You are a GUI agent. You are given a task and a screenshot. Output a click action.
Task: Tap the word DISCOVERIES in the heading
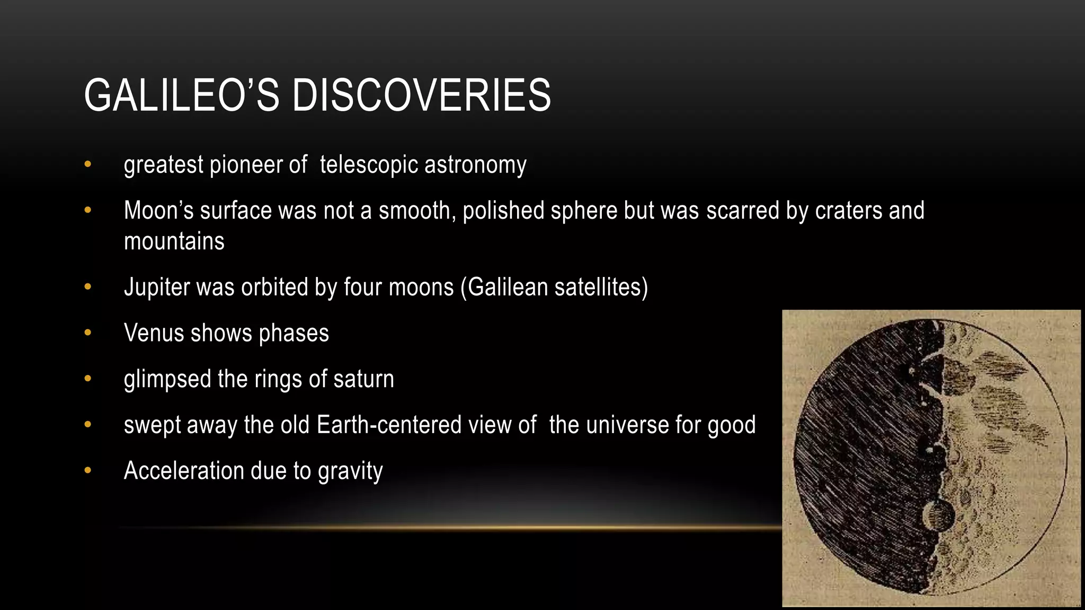(x=421, y=95)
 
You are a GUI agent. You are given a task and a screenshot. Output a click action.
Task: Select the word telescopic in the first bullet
(x=369, y=165)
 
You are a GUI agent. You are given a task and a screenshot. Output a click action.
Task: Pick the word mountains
(x=174, y=241)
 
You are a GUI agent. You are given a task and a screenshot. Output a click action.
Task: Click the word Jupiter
(x=157, y=288)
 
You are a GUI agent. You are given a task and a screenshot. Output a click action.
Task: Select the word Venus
(x=154, y=333)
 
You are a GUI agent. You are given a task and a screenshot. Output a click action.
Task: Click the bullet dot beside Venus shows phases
(x=88, y=333)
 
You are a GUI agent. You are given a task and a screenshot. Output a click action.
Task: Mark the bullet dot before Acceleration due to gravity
(x=88, y=471)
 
